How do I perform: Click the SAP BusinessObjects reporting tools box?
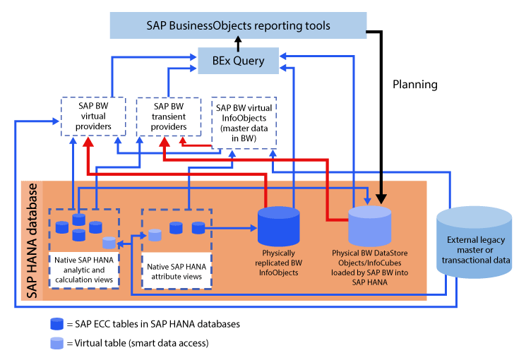pyautogui.click(x=238, y=25)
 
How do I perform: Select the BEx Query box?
pyautogui.click(x=239, y=61)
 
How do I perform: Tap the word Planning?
pyautogui.click(x=415, y=85)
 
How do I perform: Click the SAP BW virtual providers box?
pyautogui.click(x=94, y=116)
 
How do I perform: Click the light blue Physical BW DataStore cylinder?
pyautogui.click(x=370, y=224)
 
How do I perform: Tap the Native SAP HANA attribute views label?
pyautogui.click(x=177, y=271)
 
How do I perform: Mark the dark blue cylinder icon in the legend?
pyautogui.click(x=56, y=324)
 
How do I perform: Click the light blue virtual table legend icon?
pyautogui.click(x=56, y=343)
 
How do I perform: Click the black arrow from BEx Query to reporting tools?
pyautogui.click(x=238, y=44)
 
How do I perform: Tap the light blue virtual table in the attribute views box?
pyautogui.click(x=154, y=236)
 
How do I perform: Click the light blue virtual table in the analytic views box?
pyautogui.click(x=108, y=243)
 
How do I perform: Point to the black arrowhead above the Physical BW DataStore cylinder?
pyautogui.click(x=382, y=197)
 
